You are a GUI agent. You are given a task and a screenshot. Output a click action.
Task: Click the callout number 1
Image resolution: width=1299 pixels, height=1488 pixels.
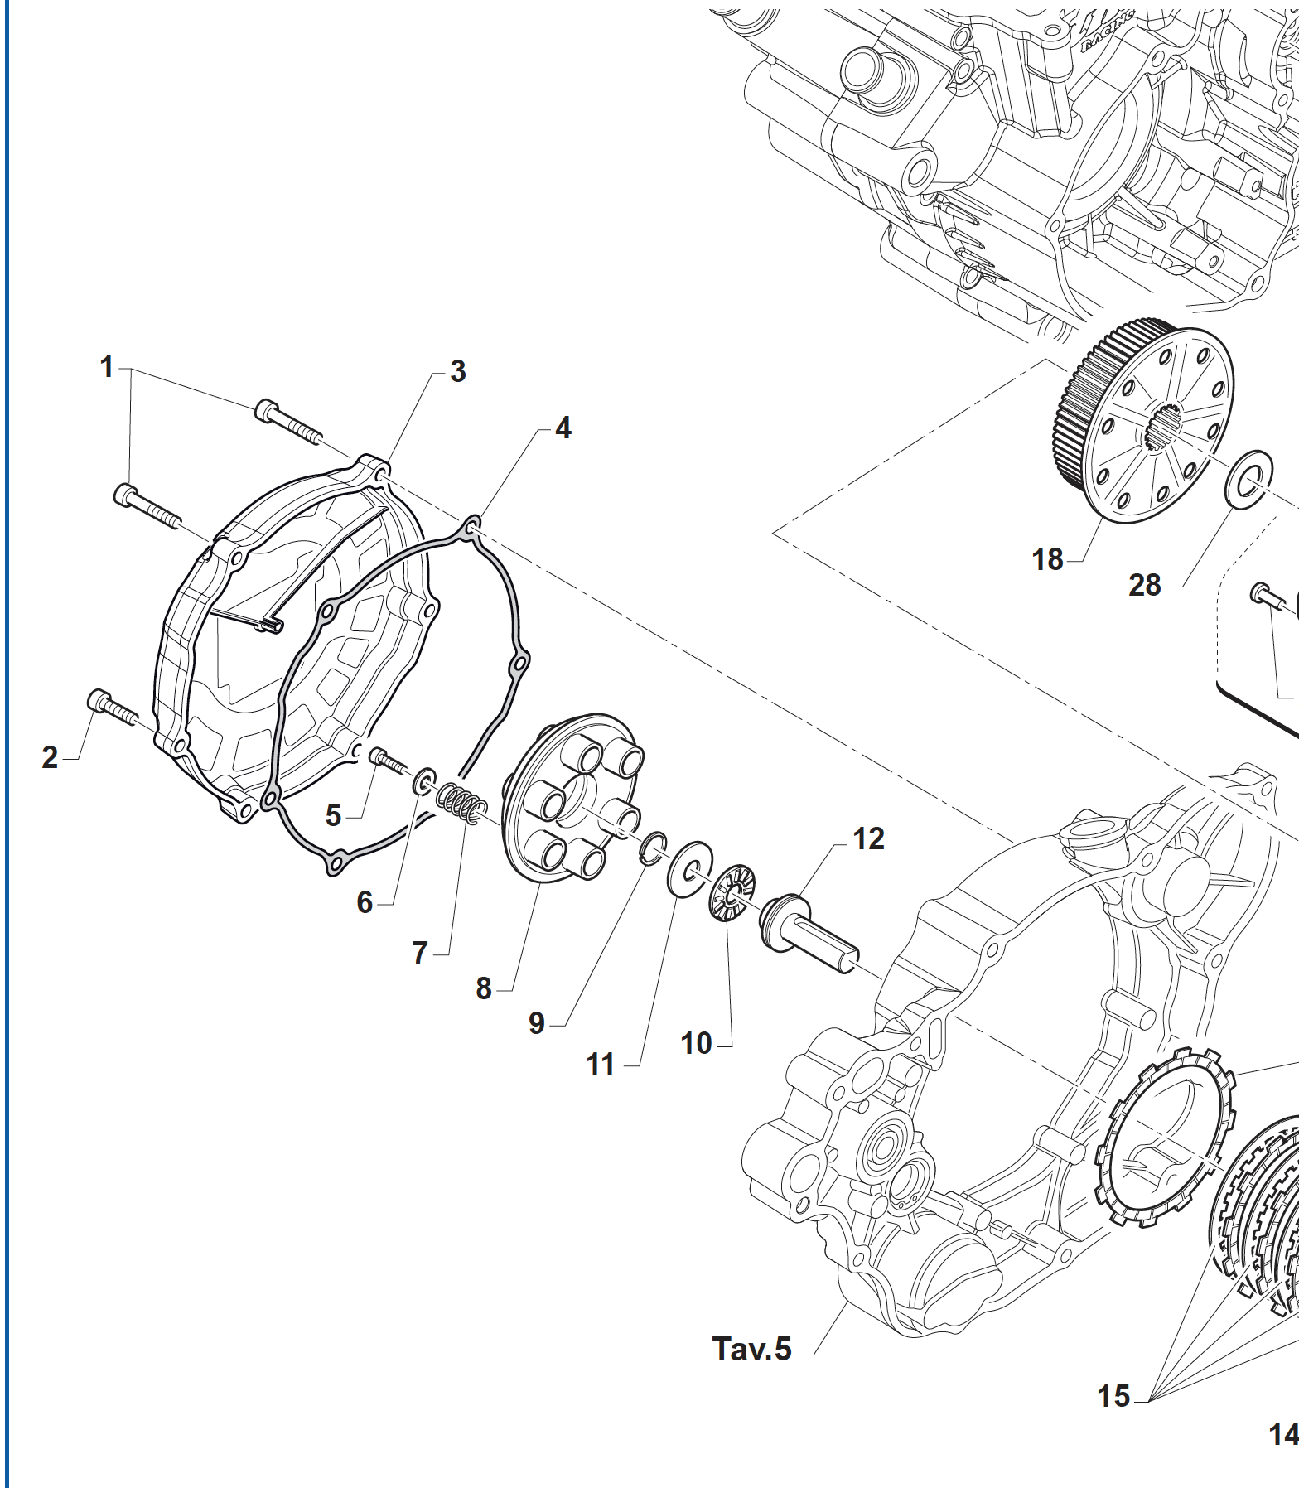click(x=107, y=366)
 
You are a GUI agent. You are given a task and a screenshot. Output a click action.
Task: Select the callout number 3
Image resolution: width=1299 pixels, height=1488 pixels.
click(x=458, y=371)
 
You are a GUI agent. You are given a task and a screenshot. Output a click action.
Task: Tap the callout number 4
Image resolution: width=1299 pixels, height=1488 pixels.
click(x=563, y=428)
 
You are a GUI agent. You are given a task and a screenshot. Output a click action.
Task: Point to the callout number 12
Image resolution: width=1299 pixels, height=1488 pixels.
click(x=868, y=838)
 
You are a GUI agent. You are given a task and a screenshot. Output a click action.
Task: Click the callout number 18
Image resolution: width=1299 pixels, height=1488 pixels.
click(x=1047, y=559)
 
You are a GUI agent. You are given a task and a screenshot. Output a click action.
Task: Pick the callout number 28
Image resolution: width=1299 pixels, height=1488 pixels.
click(x=1145, y=585)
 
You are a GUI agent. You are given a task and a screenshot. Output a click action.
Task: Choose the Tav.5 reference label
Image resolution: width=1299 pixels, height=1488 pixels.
click(x=752, y=1349)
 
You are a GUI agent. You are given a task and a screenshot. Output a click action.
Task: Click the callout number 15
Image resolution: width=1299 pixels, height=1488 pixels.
click(x=1113, y=1396)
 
